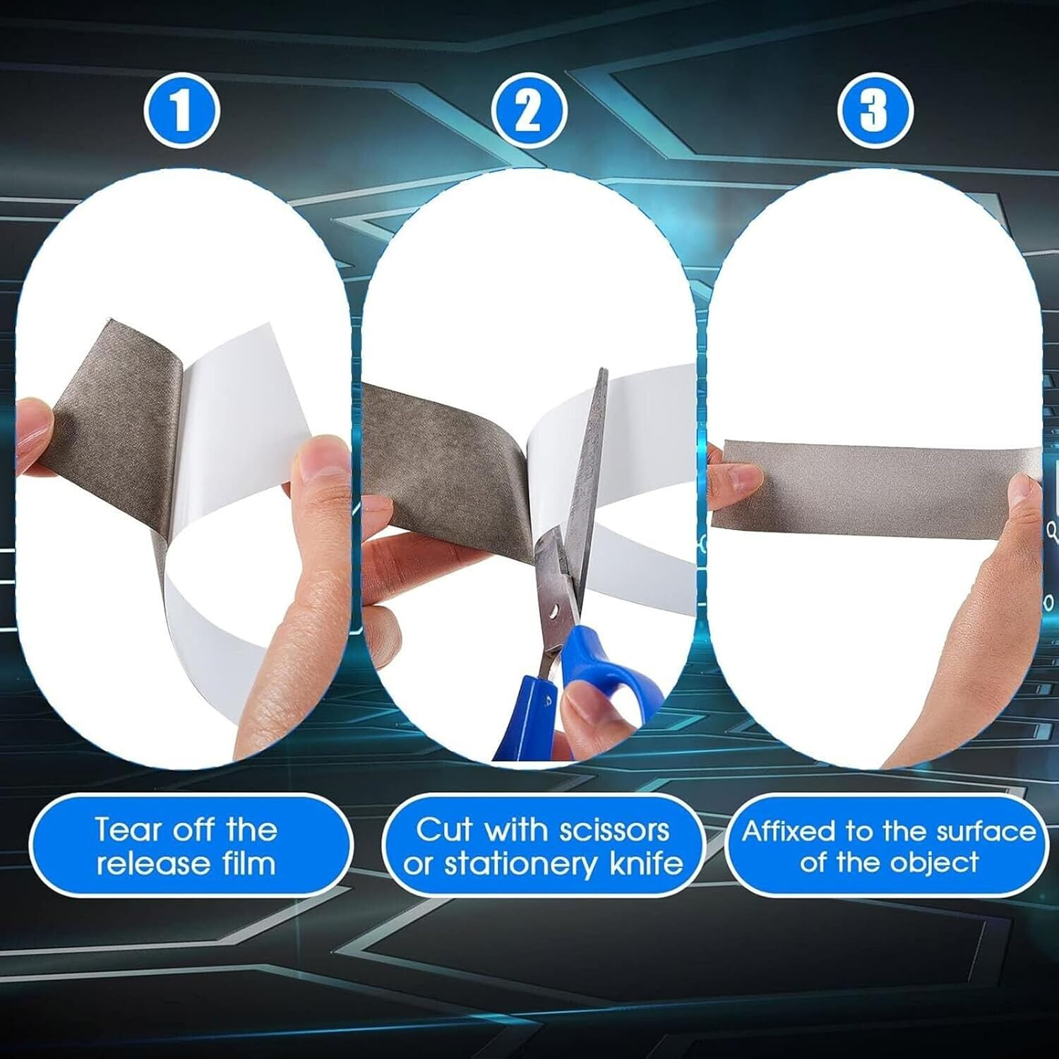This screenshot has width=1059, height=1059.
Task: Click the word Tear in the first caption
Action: pos(124,829)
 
